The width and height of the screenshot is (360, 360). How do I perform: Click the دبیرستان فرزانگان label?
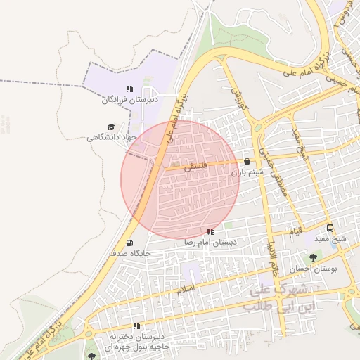tap(131, 100)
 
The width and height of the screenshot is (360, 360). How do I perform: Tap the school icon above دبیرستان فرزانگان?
tap(129, 89)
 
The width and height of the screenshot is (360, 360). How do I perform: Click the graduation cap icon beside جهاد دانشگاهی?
tap(111, 127)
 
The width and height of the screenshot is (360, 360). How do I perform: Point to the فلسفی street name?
tap(193, 168)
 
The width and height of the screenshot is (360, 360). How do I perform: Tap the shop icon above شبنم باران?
tap(246, 161)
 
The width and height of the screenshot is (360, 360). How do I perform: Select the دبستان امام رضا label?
tap(210, 242)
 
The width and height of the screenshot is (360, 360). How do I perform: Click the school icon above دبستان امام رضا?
tap(210, 231)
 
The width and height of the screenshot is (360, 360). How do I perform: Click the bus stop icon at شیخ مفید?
tap(330, 228)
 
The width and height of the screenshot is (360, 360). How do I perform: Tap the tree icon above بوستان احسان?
tap(313, 257)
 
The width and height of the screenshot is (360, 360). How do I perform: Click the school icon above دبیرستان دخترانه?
tap(136, 326)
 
